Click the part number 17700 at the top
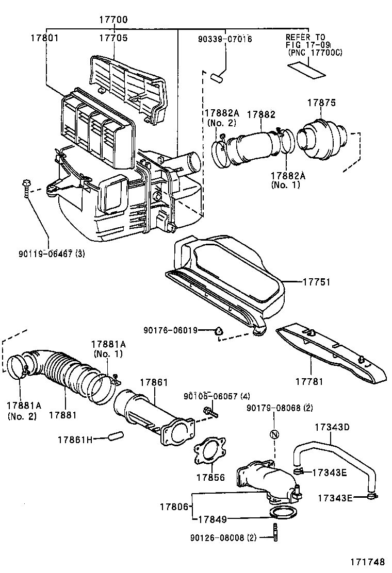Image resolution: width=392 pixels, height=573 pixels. (x=113, y=20)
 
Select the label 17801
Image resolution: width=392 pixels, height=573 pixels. (x=44, y=38)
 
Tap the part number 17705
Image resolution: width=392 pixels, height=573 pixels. (x=113, y=38)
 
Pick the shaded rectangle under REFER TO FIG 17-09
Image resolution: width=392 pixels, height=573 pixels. (x=306, y=70)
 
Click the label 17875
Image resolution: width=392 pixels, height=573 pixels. (x=322, y=103)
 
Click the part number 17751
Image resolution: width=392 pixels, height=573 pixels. (x=316, y=282)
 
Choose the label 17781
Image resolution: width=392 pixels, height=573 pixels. (x=309, y=382)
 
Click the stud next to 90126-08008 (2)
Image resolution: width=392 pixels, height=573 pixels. (x=276, y=532)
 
